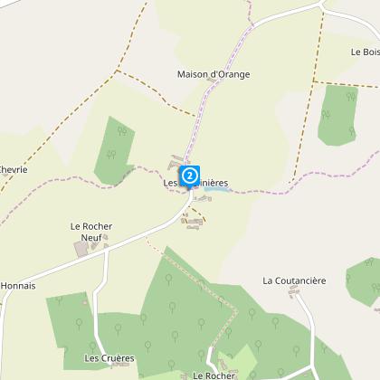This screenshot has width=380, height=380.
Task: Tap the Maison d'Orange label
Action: [213, 74]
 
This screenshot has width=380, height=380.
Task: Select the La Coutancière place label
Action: [294, 280]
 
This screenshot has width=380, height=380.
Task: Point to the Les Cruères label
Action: [109, 358]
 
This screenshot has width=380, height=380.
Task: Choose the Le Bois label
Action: [365, 52]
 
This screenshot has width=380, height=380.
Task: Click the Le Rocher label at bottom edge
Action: [214, 375]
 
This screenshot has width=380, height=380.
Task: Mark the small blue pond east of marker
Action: [220, 189]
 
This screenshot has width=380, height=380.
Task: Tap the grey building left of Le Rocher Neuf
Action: [81, 249]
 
